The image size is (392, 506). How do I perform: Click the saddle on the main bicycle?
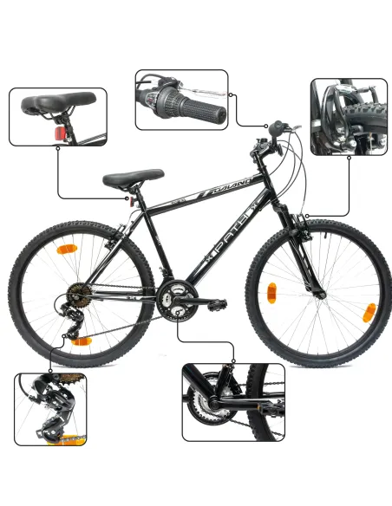coord(133,178)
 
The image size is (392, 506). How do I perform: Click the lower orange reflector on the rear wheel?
coord(82,341)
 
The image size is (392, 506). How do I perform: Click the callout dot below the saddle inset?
coord(58,148)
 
